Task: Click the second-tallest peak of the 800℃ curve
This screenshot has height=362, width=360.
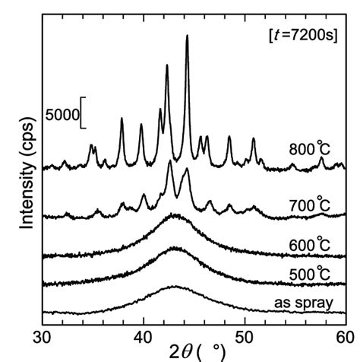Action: (x=167, y=65)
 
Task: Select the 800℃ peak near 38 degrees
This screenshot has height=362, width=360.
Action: (x=122, y=119)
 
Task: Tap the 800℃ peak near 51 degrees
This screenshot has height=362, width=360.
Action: (x=253, y=139)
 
